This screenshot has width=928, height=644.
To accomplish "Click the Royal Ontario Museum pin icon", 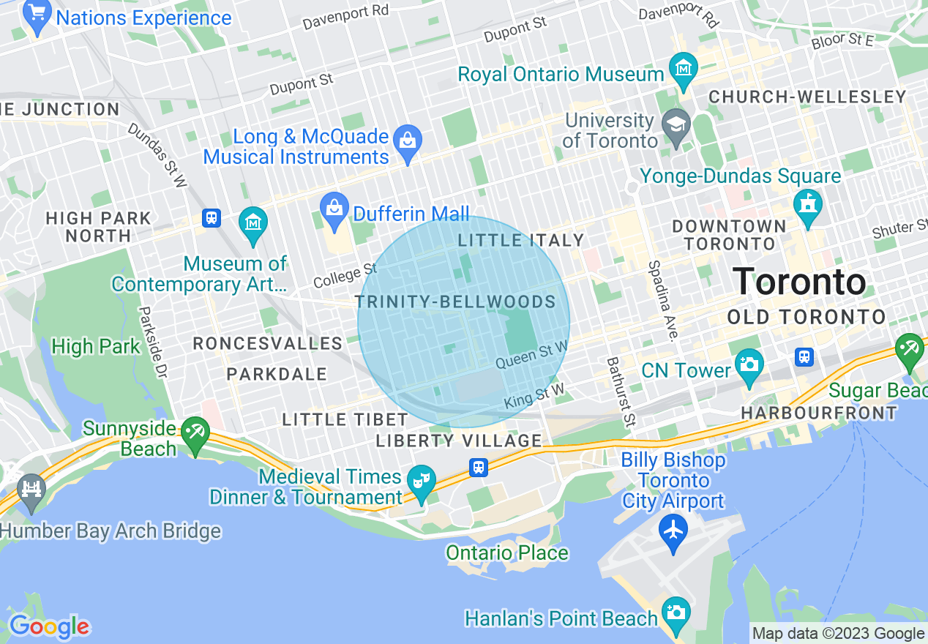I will click(683, 68).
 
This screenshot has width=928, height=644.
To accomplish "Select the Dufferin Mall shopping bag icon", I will click(334, 207).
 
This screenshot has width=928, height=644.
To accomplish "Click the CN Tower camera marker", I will click(749, 364).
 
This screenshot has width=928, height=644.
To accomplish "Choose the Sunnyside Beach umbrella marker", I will click(195, 433).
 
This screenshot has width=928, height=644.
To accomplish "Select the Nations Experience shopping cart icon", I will click(37, 14).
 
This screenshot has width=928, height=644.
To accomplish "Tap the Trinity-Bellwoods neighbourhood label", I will click(455, 302).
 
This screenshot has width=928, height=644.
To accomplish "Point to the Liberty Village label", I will click(459, 441).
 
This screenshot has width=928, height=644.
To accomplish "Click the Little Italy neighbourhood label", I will click(520, 240).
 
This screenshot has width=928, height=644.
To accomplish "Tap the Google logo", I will click(48, 626).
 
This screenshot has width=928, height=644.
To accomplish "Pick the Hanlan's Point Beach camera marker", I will click(674, 613).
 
